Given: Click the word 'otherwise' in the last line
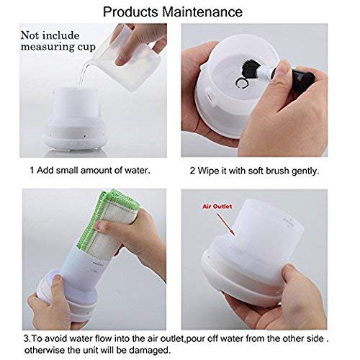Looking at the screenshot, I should (54, 351).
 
